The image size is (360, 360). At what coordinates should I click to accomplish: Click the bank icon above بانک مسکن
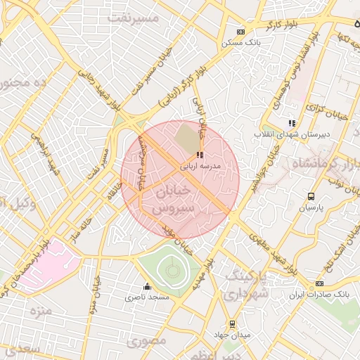pyautogui.click(x=240, y=32)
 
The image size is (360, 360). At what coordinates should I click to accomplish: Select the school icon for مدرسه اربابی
pyautogui.click(x=200, y=155)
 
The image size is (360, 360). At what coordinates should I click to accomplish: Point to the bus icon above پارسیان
pyautogui.click(x=311, y=197)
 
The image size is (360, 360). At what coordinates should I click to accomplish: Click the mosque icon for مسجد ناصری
pyautogui.click(x=147, y=286)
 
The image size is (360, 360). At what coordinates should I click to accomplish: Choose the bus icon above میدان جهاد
pyautogui.click(x=232, y=324)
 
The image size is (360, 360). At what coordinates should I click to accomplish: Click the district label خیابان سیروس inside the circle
pyautogui.click(x=172, y=200)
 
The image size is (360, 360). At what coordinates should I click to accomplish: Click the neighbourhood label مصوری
pyautogui.click(x=147, y=340)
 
